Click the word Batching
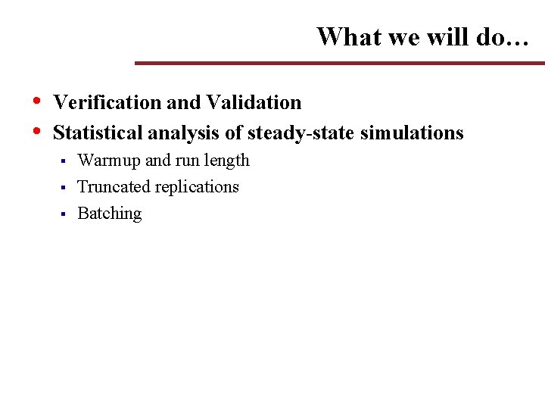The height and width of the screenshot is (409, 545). (x=110, y=214)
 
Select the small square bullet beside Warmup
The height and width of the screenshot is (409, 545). (x=64, y=161)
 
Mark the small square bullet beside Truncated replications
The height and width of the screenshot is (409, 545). (x=64, y=188)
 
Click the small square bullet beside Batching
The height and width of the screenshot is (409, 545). (x=64, y=214)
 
